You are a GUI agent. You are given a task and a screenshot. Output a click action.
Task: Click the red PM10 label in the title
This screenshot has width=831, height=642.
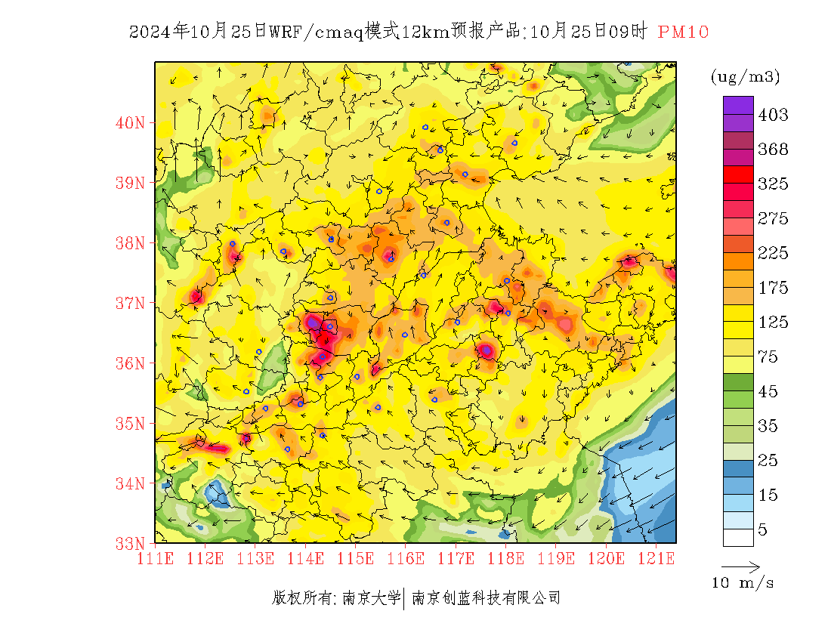683,32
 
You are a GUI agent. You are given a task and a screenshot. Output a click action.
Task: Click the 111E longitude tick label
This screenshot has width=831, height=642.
155,559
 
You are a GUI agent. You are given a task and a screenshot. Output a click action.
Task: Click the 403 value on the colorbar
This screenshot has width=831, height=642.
773,115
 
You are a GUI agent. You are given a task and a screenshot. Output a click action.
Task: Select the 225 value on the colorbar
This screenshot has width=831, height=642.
773,253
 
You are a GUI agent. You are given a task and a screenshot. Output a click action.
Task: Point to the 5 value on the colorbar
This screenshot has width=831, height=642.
763,529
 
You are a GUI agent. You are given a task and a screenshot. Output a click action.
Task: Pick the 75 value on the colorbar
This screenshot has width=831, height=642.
768,356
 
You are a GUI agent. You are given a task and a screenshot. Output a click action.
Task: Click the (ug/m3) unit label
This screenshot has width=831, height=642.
745,76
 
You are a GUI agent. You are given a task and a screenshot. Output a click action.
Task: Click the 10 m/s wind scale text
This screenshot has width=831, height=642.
743,583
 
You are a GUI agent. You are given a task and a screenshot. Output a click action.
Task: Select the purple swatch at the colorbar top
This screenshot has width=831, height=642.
738,105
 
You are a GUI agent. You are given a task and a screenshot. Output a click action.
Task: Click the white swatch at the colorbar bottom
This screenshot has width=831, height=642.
738,537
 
